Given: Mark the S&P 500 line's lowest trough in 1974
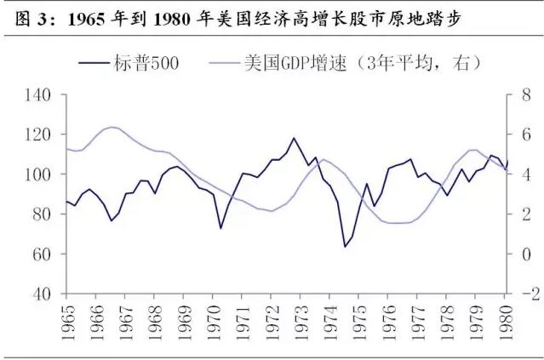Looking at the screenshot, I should pyautogui.click(x=346, y=247).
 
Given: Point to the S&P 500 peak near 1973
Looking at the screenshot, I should pyautogui.click(x=294, y=138).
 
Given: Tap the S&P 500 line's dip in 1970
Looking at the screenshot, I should pyautogui.click(x=220, y=228).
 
